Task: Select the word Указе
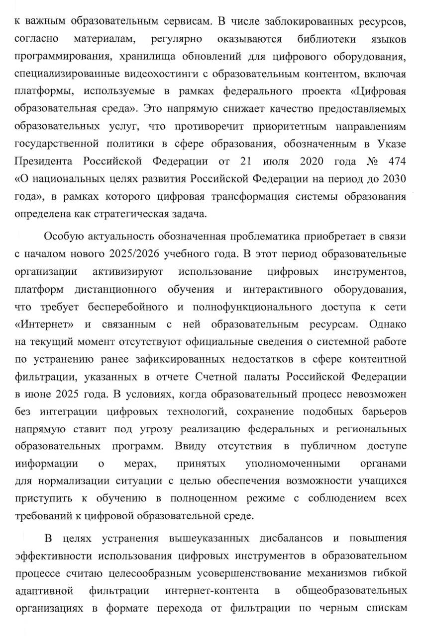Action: point(390,145)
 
